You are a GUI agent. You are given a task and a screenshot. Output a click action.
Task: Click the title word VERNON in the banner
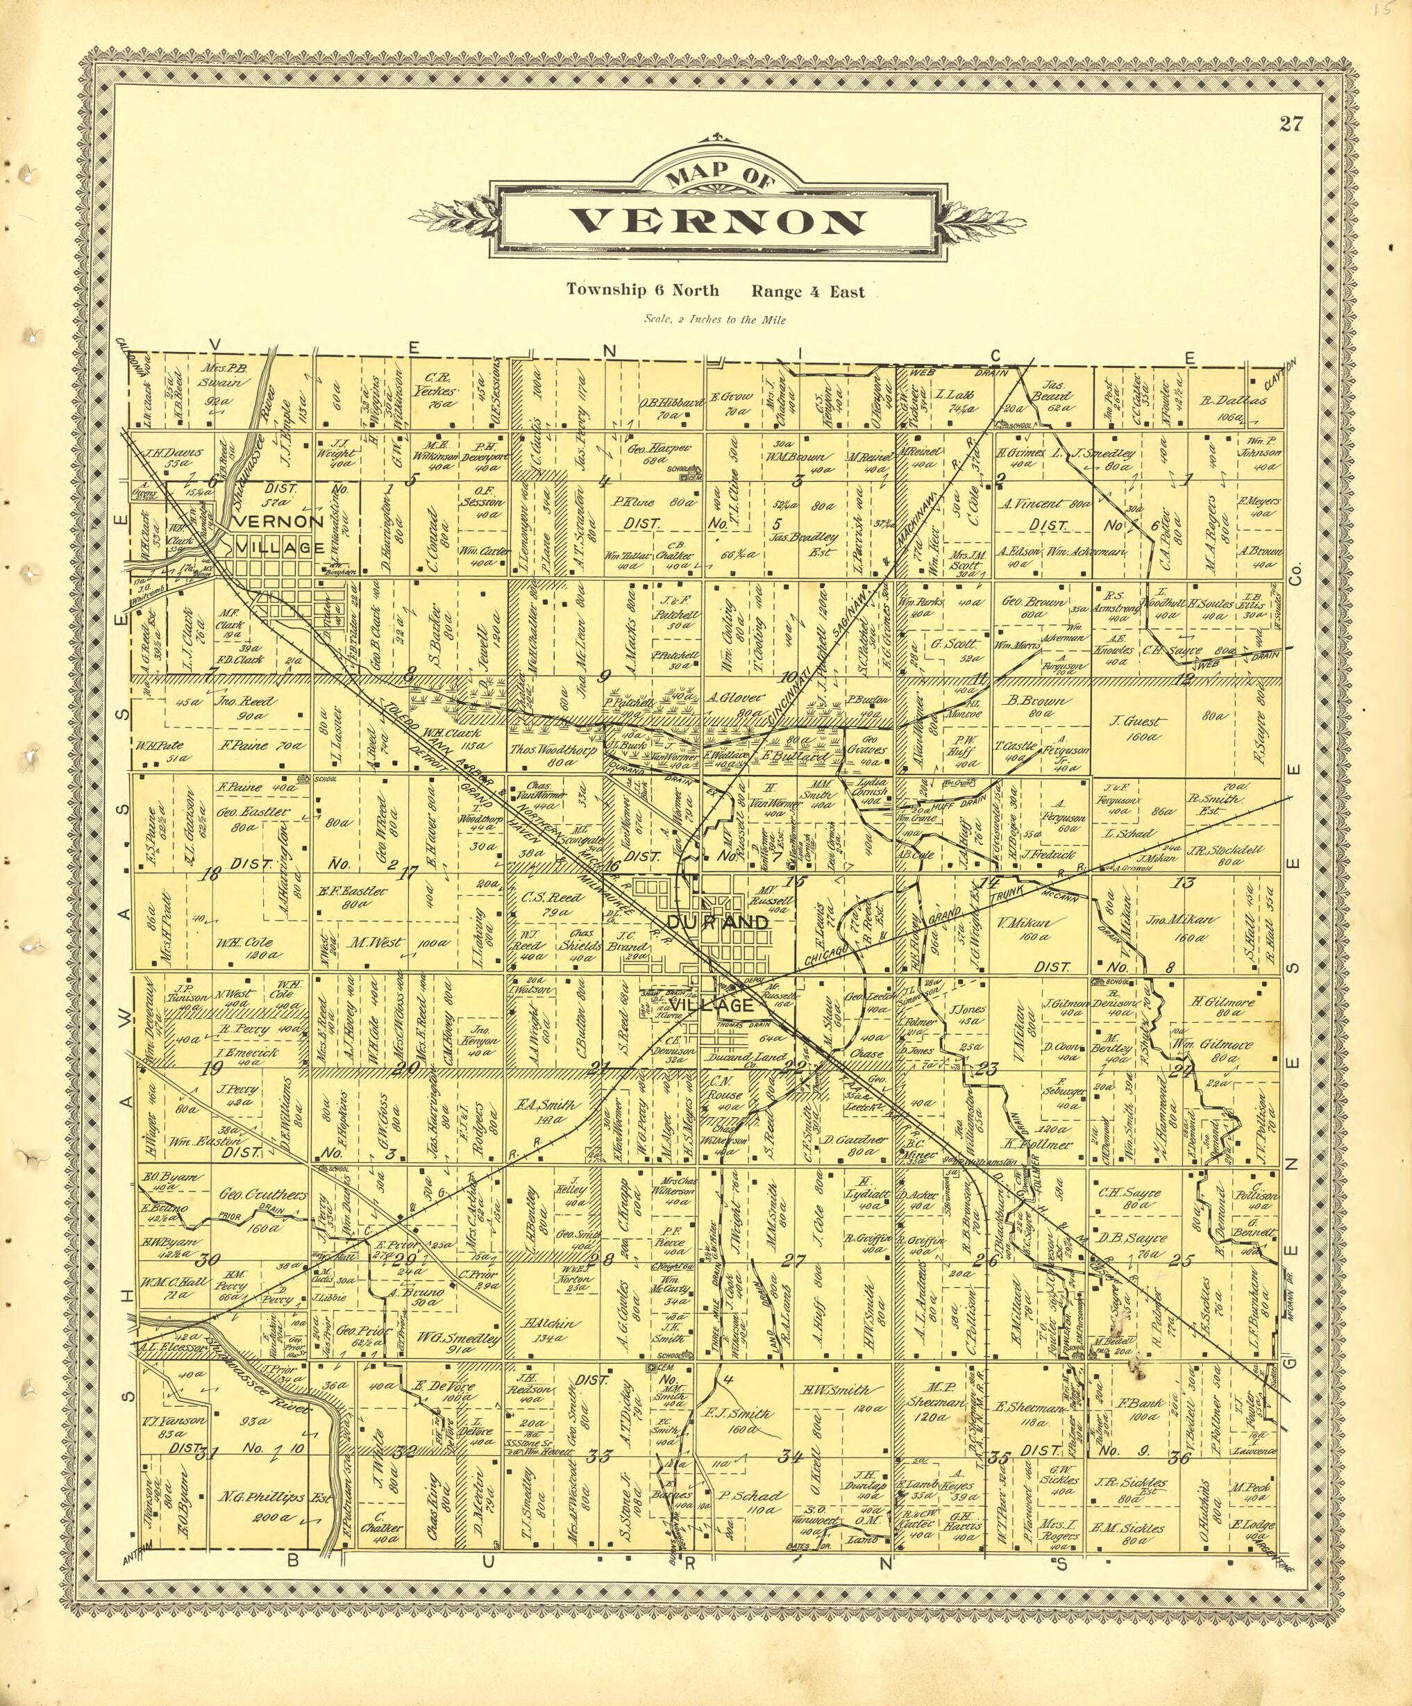pos(716,221)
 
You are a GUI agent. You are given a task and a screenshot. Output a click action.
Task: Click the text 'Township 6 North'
pos(642,290)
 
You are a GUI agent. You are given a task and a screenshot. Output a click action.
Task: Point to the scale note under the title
pos(715,320)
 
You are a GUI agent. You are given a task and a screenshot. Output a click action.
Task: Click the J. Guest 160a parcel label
pos(1140,728)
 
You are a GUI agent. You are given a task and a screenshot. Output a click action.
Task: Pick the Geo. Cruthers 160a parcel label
pos(262,1203)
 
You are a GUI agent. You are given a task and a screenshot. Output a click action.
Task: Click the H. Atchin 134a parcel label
pos(553,1330)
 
